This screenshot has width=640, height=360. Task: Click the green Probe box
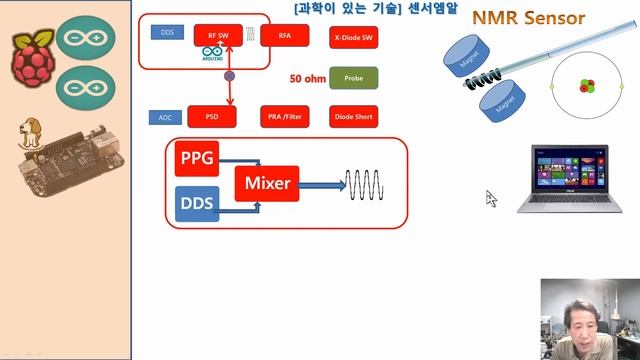coord(352,77)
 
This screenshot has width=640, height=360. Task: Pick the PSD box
coord(211,117)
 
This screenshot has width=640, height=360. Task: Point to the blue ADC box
coord(165,117)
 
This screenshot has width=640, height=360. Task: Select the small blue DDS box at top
coord(166,32)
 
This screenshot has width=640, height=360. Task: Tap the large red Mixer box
coord(266,183)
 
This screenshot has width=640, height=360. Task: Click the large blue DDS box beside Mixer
coord(196,205)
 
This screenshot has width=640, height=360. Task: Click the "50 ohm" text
coord(308,77)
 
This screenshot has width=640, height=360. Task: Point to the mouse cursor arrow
coord(491,198)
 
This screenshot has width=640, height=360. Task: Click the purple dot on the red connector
coord(229,75)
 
